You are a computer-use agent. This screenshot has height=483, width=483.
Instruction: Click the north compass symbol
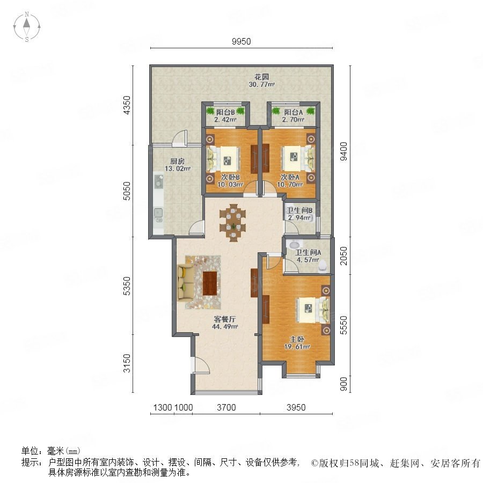27,27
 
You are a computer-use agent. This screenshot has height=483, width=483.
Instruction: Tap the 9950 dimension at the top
241,41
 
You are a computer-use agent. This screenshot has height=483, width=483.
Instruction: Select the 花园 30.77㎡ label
261,80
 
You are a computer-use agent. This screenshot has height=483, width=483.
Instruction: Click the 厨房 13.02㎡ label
178,165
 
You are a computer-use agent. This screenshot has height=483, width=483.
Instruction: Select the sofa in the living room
186,283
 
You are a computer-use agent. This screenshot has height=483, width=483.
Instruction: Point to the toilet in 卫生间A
323,266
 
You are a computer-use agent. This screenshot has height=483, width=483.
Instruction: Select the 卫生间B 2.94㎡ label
299,214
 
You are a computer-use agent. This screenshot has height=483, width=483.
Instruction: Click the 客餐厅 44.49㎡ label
225,323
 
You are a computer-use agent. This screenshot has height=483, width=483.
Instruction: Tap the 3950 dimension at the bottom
296,407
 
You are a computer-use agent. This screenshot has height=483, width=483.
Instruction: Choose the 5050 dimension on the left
127,191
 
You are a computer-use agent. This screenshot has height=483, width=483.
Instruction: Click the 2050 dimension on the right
343,255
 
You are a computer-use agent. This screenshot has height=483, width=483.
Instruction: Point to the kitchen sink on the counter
158,213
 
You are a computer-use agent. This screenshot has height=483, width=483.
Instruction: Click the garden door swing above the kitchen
180,138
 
